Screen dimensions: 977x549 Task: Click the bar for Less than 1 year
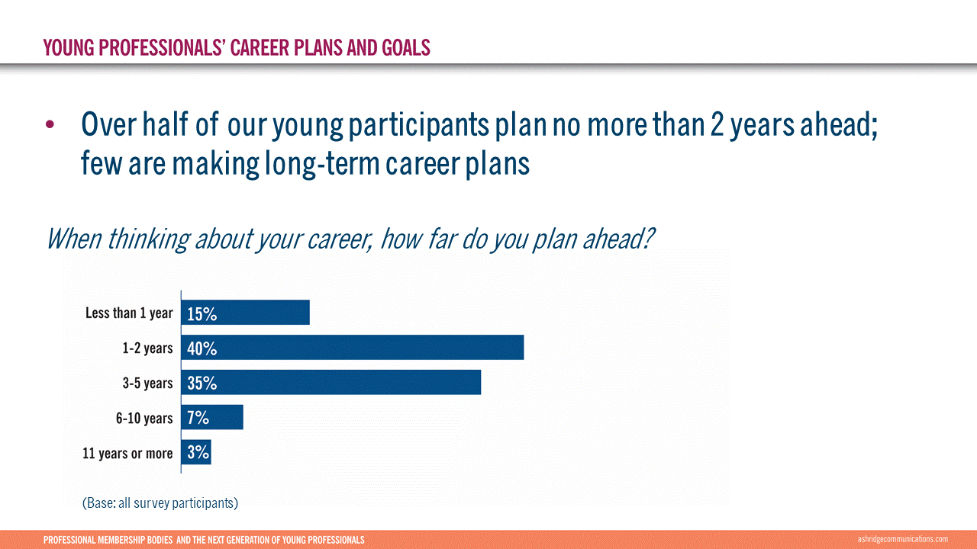(x=245, y=313)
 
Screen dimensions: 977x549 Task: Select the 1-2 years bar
(x=353, y=347)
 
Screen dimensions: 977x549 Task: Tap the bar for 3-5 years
(x=331, y=382)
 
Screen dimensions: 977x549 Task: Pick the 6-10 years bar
(x=212, y=417)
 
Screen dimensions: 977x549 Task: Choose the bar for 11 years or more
(x=196, y=452)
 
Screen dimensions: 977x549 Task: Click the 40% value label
(x=202, y=348)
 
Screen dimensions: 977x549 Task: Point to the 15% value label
(x=202, y=313)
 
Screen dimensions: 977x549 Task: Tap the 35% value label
(x=202, y=384)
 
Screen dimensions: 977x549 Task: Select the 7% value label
(x=198, y=418)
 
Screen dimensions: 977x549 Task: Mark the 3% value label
(x=198, y=453)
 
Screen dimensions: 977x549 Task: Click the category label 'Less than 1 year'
(x=129, y=313)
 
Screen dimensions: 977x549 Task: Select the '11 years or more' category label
(x=127, y=454)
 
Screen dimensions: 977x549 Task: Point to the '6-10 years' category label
(x=144, y=419)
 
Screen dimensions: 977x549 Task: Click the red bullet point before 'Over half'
(x=50, y=124)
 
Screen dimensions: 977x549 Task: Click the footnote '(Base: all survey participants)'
(x=160, y=503)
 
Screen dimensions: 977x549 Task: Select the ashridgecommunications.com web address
(x=902, y=539)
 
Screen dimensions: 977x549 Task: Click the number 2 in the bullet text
(x=717, y=124)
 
